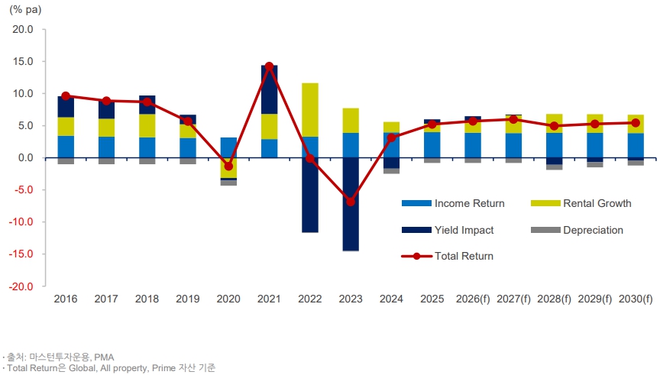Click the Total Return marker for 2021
click(x=270, y=66)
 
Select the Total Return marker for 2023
click(x=351, y=202)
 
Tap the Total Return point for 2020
click(x=228, y=166)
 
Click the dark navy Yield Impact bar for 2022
click(x=310, y=196)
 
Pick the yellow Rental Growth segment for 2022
click(x=310, y=110)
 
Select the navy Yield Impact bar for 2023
click(x=351, y=205)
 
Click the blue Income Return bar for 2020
click(x=228, y=147)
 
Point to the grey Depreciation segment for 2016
click(x=66, y=161)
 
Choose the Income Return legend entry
click(x=453, y=203)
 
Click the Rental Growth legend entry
click(x=581, y=203)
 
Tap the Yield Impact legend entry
click(x=448, y=230)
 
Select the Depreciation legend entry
click(x=577, y=230)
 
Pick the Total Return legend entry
click(x=448, y=256)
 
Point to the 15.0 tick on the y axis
click(x=23, y=61)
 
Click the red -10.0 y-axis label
click(x=21, y=221)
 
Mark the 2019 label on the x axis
click(x=188, y=299)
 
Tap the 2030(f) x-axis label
click(x=636, y=299)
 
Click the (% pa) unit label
click(x=25, y=10)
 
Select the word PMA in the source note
click(x=104, y=357)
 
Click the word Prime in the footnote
click(x=163, y=368)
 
